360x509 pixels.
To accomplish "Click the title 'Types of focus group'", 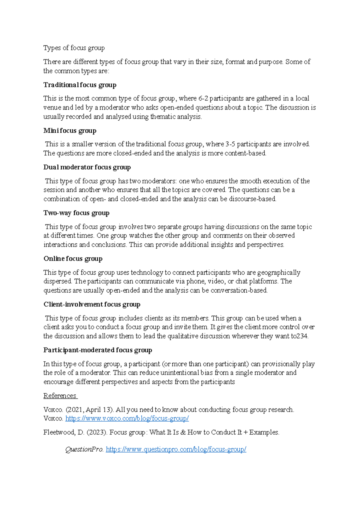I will pos(74,48).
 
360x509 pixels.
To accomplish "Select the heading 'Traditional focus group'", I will pos(80,85).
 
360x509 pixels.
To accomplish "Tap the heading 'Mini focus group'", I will pos(70,131).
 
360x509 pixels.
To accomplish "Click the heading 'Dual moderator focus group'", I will pos(87,167).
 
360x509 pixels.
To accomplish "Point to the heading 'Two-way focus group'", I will pos(76,213).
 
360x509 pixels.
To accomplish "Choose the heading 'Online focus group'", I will pos(73,259).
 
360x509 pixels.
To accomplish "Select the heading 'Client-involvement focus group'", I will pos(92,304).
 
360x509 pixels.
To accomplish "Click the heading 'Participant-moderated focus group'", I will pos(98,350).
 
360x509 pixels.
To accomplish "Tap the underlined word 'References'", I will pos(60,396).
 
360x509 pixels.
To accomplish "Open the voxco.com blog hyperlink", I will pos(127,418).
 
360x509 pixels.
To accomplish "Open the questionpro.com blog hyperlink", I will pos(176,449).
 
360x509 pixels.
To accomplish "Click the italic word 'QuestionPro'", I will pos(84,449).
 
